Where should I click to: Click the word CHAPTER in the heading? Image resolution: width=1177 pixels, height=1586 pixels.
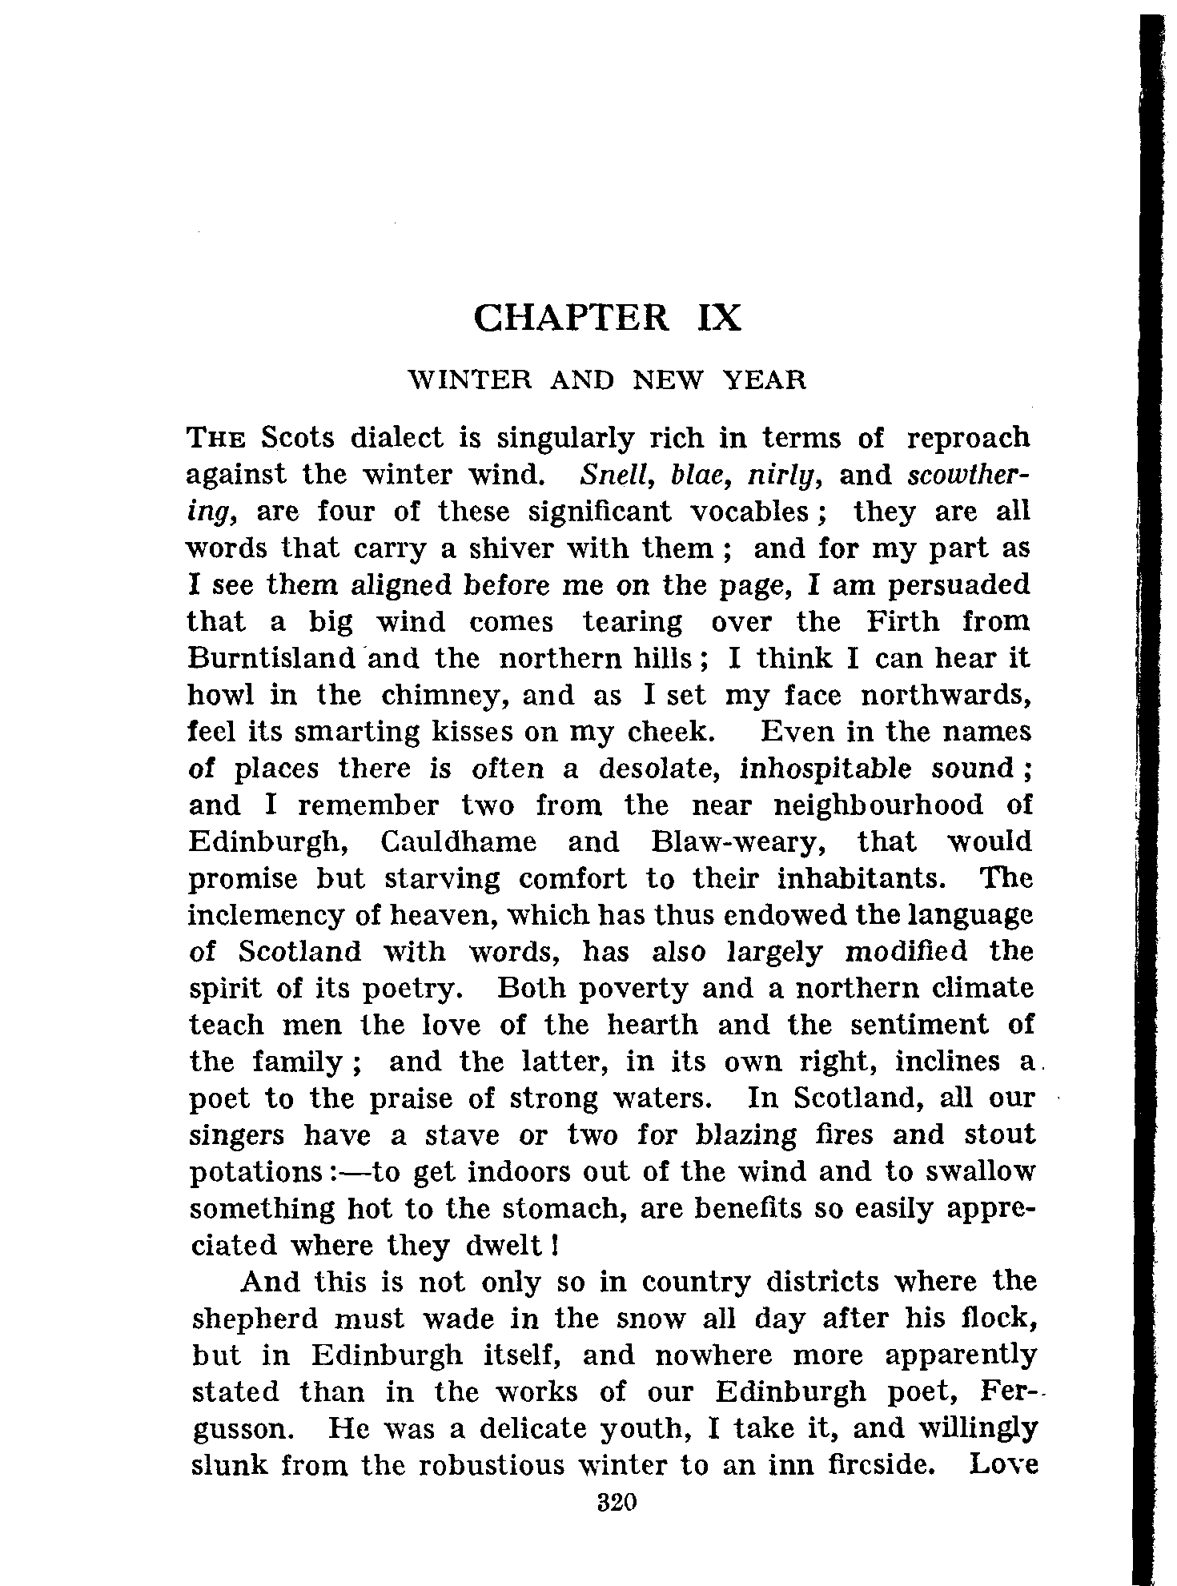pyautogui.click(x=571, y=318)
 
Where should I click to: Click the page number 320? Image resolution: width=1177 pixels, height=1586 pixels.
pyautogui.click(x=616, y=1502)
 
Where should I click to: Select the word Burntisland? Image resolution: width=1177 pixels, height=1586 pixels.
pyautogui.click(x=271, y=658)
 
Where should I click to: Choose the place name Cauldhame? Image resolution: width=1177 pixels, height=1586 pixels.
pyautogui.click(x=458, y=842)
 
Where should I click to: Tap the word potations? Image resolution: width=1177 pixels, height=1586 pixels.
pyautogui.click(x=255, y=1173)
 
